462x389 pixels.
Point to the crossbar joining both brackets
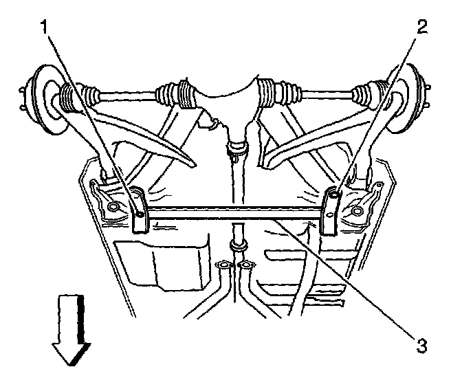[234, 216]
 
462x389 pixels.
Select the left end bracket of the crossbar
[137, 210]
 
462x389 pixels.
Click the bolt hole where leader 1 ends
[140, 214]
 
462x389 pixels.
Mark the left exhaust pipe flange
[224, 265]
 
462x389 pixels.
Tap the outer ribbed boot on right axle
[371, 96]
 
